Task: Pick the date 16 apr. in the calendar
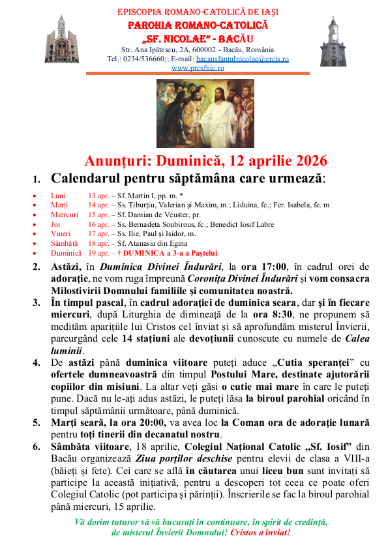pyautogui.click(x=98, y=224)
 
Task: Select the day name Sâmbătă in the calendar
pyautogui.click(x=64, y=243)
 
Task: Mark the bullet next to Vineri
pyautogui.click(x=35, y=234)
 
